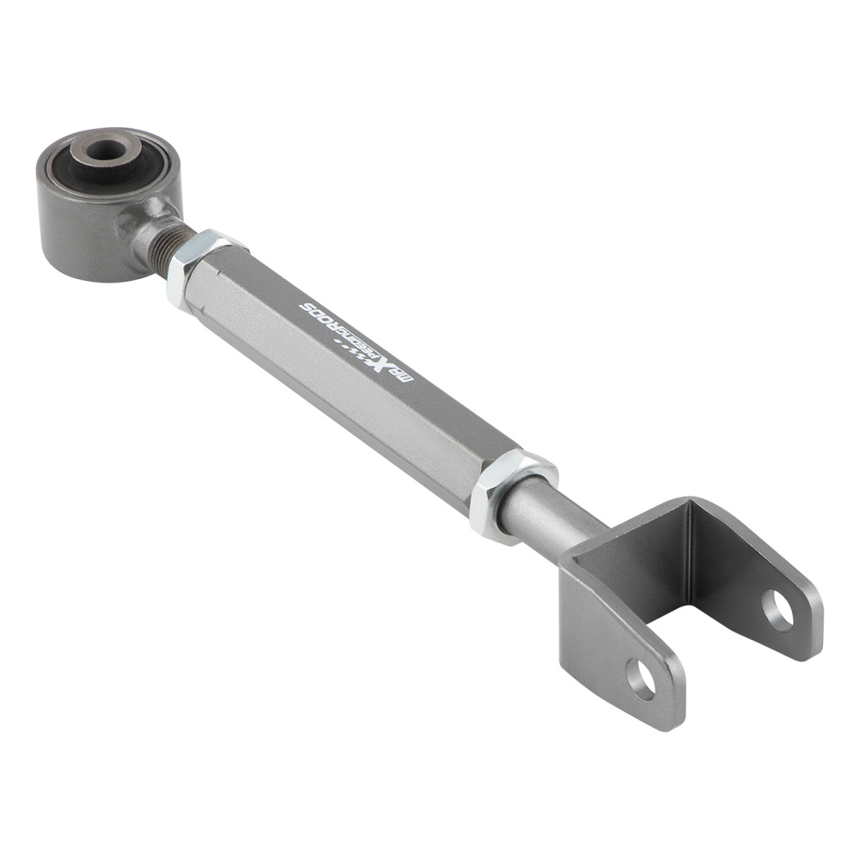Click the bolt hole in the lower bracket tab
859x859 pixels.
641,679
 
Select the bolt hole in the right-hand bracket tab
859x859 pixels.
777,609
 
